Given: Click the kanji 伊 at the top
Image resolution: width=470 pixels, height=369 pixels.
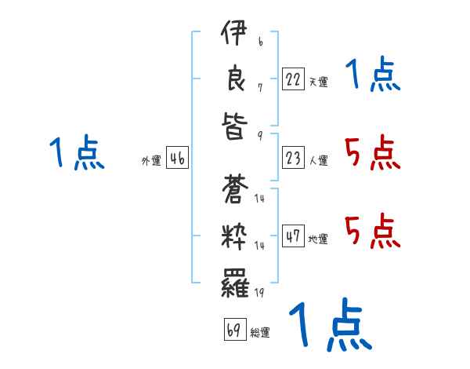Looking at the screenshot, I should pyautogui.click(x=233, y=36).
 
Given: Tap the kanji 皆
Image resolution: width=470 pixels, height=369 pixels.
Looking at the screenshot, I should pyautogui.click(x=233, y=126).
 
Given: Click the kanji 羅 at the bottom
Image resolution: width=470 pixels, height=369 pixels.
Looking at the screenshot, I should pyautogui.click(x=233, y=280).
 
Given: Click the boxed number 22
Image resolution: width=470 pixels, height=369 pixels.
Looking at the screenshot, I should pyautogui.click(x=293, y=79).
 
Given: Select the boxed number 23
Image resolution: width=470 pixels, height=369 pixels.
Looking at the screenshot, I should pyautogui.click(x=293, y=159).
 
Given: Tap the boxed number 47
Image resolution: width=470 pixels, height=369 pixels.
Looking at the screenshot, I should pyautogui.click(x=293, y=236).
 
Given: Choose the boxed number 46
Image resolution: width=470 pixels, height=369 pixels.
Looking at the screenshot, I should pyautogui.click(x=177, y=159).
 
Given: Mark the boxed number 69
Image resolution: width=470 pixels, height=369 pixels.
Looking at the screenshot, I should pyautogui.click(x=233, y=330).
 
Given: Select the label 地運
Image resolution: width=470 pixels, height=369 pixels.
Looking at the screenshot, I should pyautogui.click(x=318, y=239).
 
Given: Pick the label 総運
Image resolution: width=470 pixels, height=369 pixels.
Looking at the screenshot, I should pyautogui.click(x=260, y=332).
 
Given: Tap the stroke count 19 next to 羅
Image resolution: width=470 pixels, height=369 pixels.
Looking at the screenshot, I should pyautogui.click(x=259, y=291).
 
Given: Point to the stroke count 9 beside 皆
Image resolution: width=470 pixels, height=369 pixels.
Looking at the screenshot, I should pyautogui.click(x=259, y=134).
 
